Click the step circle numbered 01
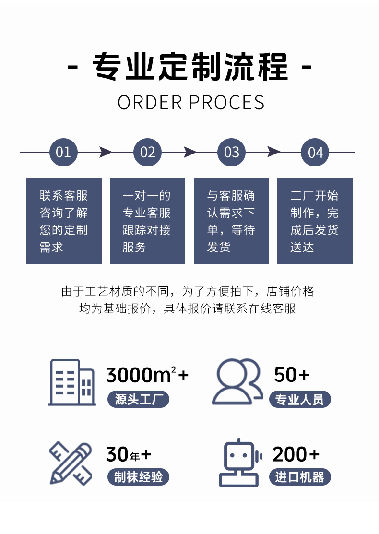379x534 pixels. pyautogui.click(x=63, y=152)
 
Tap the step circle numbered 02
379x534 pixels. pyautogui.click(x=147, y=152)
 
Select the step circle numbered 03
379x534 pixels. pyautogui.click(x=231, y=152)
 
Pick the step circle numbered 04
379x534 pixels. pyautogui.click(x=315, y=152)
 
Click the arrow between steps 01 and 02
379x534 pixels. pyautogui.click(x=106, y=152)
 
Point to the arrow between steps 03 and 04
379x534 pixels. pyautogui.click(x=273, y=152)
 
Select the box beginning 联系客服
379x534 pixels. pyautogui.click(x=64, y=221)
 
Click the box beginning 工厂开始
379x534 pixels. pyautogui.click(x=315, y=221)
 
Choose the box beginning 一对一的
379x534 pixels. pyautogui.click(x=147, y=221)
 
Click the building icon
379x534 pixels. pyautogui.click(x=72, y=382)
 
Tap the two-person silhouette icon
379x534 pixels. pyautogui.click(x=237, y=381)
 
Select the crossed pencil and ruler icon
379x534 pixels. pyautogui.click(x=71, y=463)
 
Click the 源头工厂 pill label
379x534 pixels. pyautogui.click(x=138, y=399)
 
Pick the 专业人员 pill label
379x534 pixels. pyautogui.click(x=300, y=399)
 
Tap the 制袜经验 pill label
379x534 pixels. pyautogui.click(x=138, y=477)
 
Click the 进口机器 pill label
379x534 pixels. pyautogui.click(x=300, y=477)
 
